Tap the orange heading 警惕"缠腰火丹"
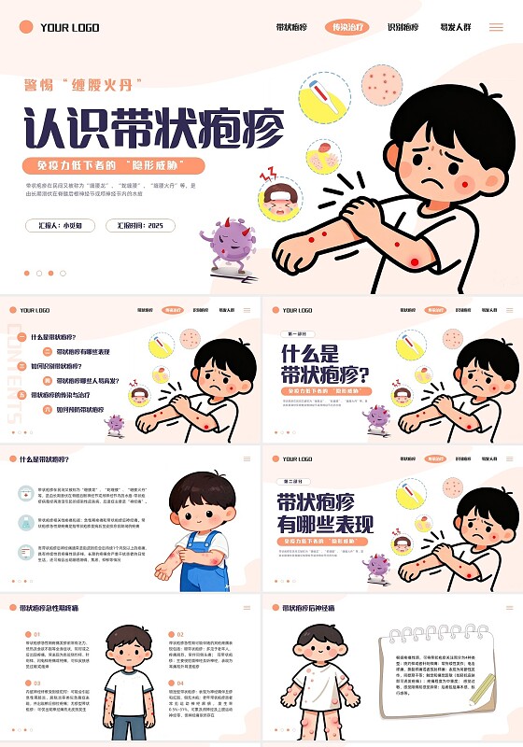point(84,85)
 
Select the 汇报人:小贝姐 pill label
point(61,225)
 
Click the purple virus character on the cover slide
point(230,242)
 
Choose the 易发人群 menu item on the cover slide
point(456,28)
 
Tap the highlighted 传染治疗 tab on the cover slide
point(346,28)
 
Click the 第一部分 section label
point(296,333)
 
